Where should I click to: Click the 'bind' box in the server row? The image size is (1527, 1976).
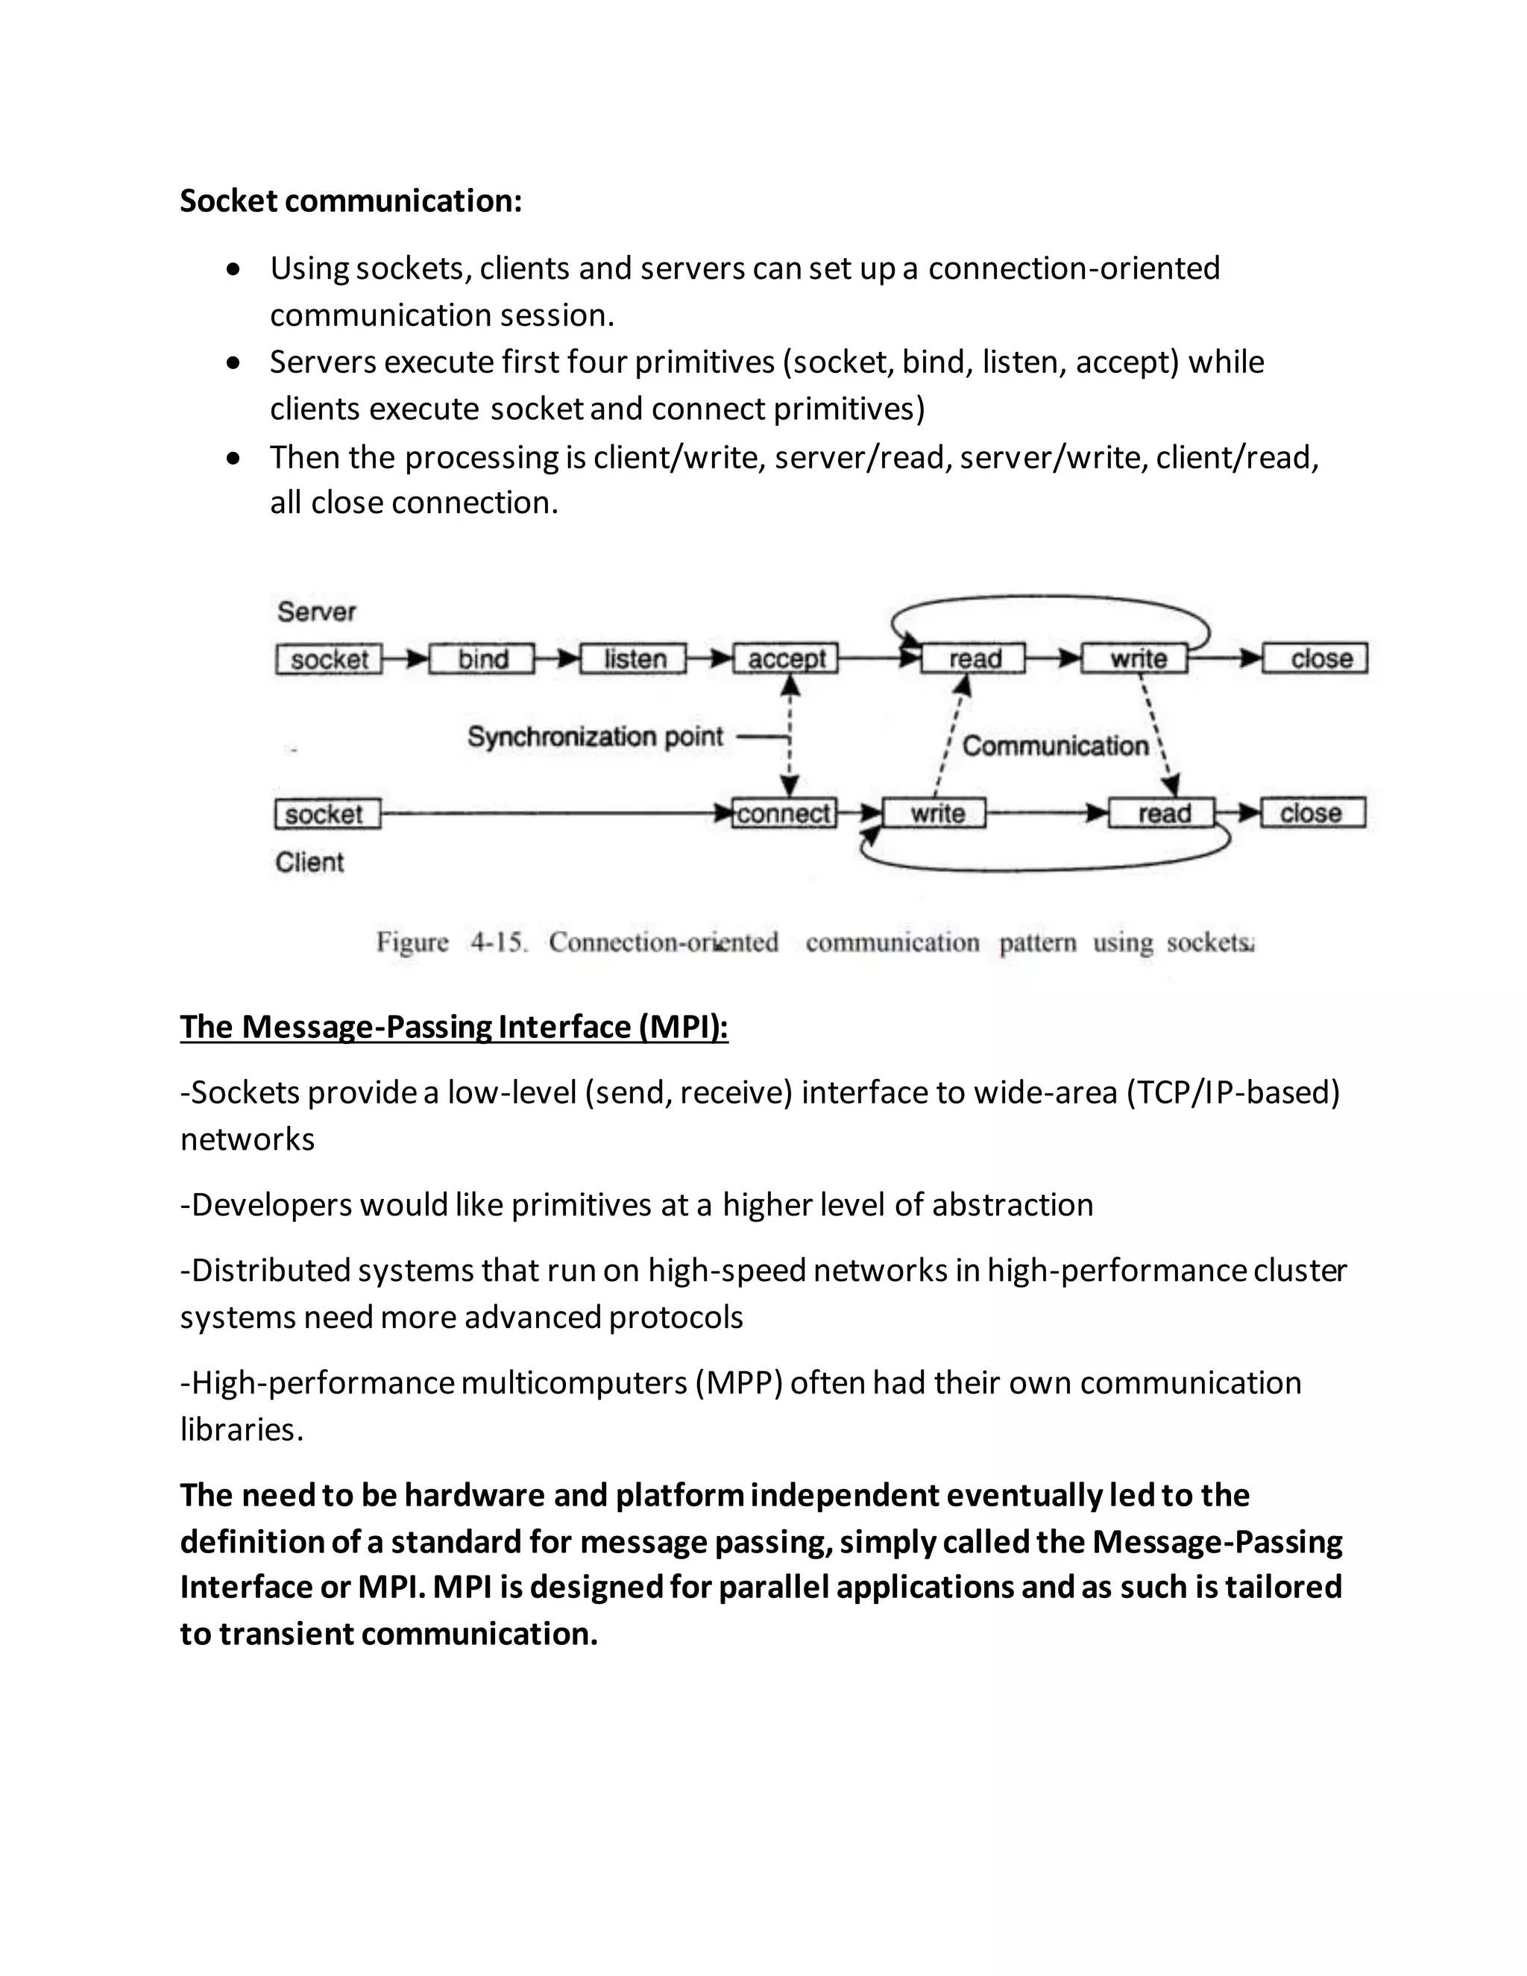[x=482, y=658]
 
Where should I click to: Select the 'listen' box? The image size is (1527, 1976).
[x=633, y=658]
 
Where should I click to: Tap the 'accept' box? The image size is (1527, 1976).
[x=785, y=658]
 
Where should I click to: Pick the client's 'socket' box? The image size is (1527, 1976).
[x=327, y=814]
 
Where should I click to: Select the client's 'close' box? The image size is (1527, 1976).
[x=1312, y=814]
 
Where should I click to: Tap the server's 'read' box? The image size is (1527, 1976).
[x=973, y=658]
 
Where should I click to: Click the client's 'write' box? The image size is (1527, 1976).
[x=934, y=814]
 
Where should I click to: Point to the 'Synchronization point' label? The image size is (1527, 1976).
[x=594, y=737]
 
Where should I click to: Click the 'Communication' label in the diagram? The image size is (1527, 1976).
[x=1055, y=746]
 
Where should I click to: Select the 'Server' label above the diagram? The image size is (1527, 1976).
[x=315, y=611]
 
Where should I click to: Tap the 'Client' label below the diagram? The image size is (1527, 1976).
[x=309, y=862]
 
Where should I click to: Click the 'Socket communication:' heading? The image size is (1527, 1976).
[x=351, y=200]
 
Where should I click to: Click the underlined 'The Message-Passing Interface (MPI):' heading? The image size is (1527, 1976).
[x=454, y=1027]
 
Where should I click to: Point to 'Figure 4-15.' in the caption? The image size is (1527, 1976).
[x=450, y=943]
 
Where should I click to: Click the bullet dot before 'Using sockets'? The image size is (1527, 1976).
[x=234, y=268]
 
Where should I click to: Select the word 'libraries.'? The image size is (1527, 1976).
[x=242, y=1429]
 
